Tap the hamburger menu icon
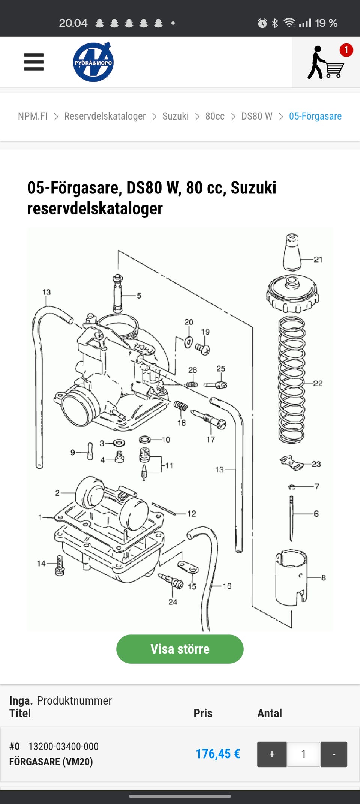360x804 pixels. pyautogui.click(x=34, y=62)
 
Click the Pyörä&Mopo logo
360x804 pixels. pyautogui.click(x=93, y=62)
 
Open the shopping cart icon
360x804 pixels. pyautogui.click(x=325, y=62)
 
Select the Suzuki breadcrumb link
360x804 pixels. pyautogui.click(x=175, y=116)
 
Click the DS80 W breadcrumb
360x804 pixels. pyautogui.click(x=257, y=116)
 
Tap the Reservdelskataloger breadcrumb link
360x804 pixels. pyautogui.click(x=105, y=116)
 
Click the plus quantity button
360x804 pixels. pyautogui.click(x=272, y=754)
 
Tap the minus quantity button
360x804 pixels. pyautogui.click(x=334, y=754)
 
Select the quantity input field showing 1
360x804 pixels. pyautogui.click(x=304, y=754)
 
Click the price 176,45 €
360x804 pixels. pyautogui.click(x=218, y=754)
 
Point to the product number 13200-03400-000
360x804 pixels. pyautogui.click(x=63, y=747)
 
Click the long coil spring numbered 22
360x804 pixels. pyautogui.click(x=291, y=379)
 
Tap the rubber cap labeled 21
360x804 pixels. pyautogui.click(x=292, y=252)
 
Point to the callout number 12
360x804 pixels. pyautogui.click(x=192, y=513)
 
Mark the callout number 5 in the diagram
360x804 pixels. pyautogui.click(x=139, y=295)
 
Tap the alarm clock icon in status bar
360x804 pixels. pyautogui.click(x=262, y=23)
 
